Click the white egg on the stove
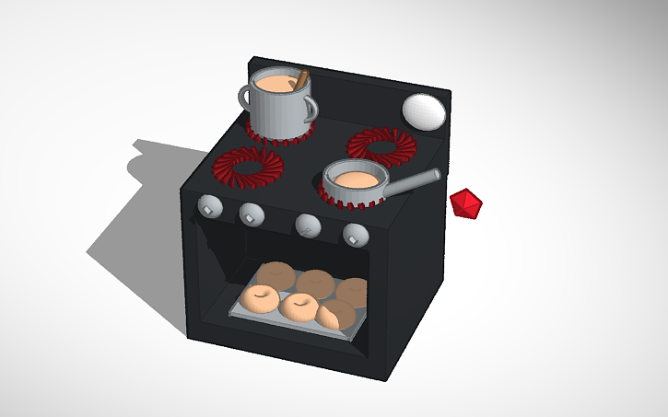424,110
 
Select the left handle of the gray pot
245,95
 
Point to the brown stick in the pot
299,81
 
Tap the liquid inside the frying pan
354,177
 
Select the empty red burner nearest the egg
381,145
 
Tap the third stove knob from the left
307,224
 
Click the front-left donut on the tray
259,298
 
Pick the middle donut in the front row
299,306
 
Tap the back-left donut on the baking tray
275,275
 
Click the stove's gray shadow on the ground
138,221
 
